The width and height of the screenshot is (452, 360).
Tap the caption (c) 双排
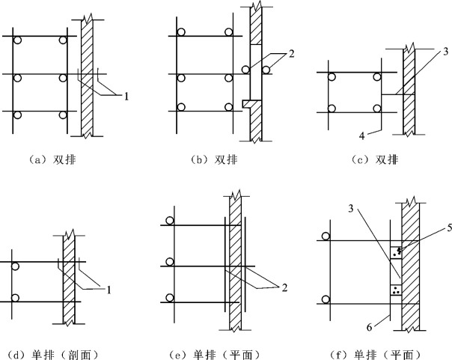pyautogui.click(x=372, y=159)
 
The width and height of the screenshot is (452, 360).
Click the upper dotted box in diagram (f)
pyautogui.click(x=396, y=250)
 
